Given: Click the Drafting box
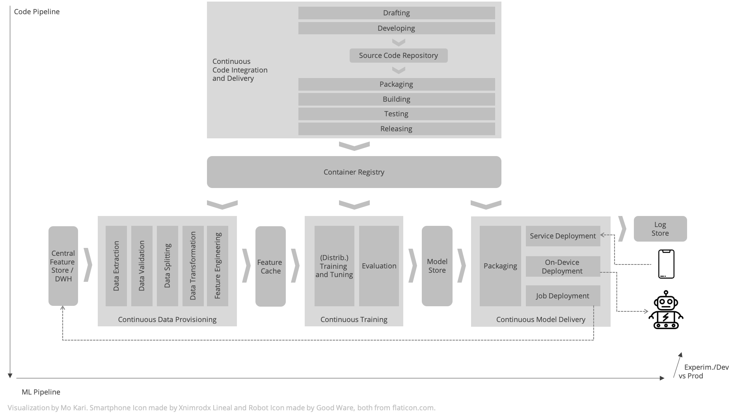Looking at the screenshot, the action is (397, 13).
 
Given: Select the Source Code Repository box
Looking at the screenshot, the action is (399, 56).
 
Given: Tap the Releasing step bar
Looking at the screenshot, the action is (397, 129).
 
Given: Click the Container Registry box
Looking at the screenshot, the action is (354, 172).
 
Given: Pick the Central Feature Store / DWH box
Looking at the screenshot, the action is (63, 266).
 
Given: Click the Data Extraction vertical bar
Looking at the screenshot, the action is (116, 266).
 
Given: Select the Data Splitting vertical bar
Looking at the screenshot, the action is (168, 266).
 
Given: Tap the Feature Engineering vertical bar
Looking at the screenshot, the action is (218, 266).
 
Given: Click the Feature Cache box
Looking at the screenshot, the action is (270, 266).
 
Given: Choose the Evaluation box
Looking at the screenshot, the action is (379, 266).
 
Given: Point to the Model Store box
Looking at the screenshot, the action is (437, 266).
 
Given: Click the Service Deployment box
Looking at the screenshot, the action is (563, 236).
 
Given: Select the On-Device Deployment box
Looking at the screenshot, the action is (563, 266).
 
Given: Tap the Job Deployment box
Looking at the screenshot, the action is (563, 296).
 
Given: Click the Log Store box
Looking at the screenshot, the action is (660, 229).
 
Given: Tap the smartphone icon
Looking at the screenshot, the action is (666, 264).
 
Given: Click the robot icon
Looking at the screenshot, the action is (666, 310).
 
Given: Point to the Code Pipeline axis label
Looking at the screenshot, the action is (37, 12).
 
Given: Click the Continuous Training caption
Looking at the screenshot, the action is (354, 320).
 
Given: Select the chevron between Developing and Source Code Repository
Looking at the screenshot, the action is (399, 42).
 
